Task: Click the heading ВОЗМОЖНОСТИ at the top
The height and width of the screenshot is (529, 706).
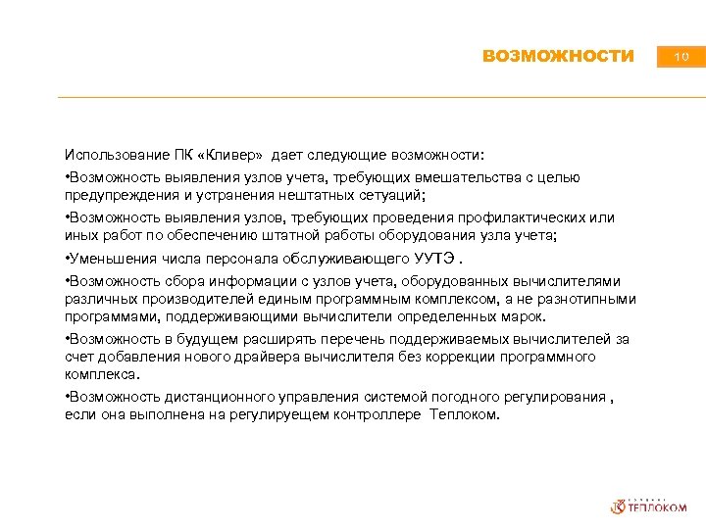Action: click(x=558, y=57)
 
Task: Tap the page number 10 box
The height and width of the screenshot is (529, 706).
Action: click(x=681, y=57)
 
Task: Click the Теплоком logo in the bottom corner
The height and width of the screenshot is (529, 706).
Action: click(x=649, y=505)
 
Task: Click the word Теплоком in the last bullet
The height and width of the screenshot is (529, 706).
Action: click(x=464, y=414)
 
